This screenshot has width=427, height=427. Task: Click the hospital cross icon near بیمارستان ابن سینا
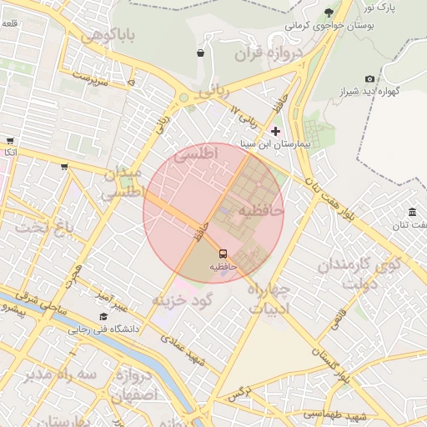[x=276, y=131]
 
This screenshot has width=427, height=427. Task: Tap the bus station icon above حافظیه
[x=223, y=253]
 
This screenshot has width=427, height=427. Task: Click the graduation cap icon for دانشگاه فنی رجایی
[x=103, y=316]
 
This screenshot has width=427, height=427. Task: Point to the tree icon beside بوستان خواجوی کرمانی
[x=329, y=12]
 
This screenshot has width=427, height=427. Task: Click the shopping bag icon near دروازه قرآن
[x=200, y=53]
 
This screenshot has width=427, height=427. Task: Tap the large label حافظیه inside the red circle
[x=262, y=212]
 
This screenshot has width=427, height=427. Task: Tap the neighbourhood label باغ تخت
[x=47, y=227]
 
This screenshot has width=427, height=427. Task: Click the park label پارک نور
[x=379, y=8]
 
